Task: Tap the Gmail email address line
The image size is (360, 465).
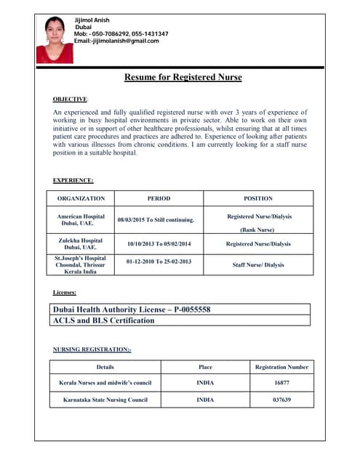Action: click(116, 41)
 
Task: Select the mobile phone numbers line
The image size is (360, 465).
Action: click(121, 34)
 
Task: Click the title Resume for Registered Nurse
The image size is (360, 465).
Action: click(183, 77)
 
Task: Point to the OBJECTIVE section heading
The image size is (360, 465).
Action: click(70, 98)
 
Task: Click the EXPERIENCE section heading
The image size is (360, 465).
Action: click(73, 180)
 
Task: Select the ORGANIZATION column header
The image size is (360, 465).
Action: click(81, 198)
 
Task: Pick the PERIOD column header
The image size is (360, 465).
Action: click(159, 198)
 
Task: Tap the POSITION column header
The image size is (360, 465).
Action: click(258, 198)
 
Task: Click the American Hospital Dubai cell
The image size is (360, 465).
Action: click(81, 219)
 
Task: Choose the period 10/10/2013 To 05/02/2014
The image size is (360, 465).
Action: click(159, 244)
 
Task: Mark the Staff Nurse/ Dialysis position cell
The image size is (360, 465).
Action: click(258, 265)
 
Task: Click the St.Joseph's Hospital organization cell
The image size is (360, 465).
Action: click(81, 264)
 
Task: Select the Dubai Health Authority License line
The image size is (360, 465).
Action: click(132, 310)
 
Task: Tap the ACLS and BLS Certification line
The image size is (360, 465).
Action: click(103, 320)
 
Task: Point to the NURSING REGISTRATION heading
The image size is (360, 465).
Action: click(92, 349)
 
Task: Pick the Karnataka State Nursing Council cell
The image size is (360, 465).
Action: click(105, 400)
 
